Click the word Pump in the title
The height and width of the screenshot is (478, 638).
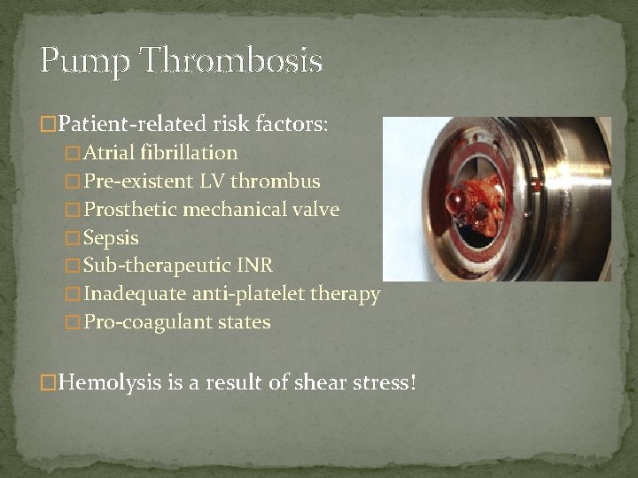83,62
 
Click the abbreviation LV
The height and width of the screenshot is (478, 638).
211,181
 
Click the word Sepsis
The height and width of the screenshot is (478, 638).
111,238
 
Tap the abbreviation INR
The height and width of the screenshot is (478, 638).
254,266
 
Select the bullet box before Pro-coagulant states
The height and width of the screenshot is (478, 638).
73,323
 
